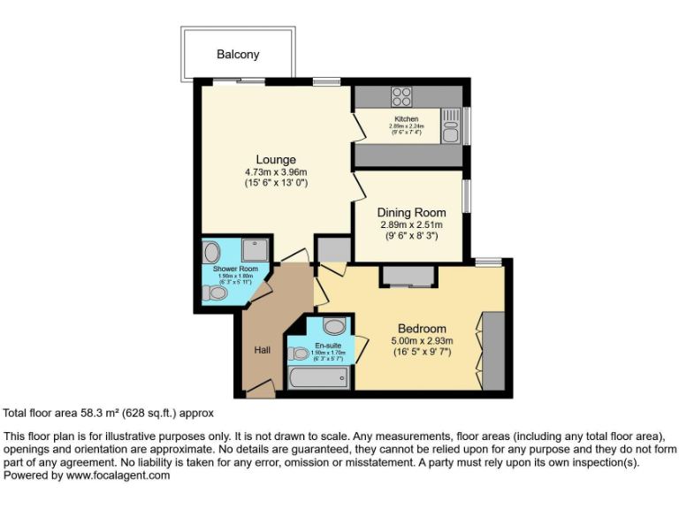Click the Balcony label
239,55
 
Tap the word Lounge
276,160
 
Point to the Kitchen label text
407,119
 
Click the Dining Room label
411,212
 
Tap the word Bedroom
422,329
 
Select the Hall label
263,351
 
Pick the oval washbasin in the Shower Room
212,252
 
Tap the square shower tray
256,252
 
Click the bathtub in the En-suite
319,377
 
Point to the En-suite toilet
298,352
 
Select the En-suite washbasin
333,326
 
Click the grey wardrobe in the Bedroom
493,351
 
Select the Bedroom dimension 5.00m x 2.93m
422,341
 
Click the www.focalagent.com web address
118,475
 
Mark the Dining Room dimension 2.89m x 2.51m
411,225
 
